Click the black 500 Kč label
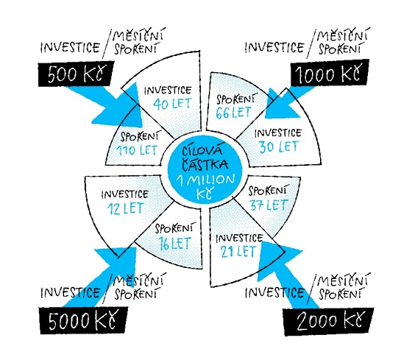[x=76, y=74]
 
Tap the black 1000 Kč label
[x=330, y=73]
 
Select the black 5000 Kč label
[x=83, y=320]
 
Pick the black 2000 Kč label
[x=328, y=322]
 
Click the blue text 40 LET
[x=172, y=104]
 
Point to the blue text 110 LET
[x=137, y=150]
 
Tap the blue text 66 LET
[x=233, y=113]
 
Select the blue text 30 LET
[x=279, y=147]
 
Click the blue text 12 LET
[x=125, y=208]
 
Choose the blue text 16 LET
[x=174, y=244]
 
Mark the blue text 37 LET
[x=269, y=205]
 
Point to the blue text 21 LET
[x=238, y=251]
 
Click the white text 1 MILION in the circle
[x=205, y=180]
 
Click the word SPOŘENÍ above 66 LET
[x=235, y=99]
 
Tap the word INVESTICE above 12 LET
[x=125, y=194]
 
